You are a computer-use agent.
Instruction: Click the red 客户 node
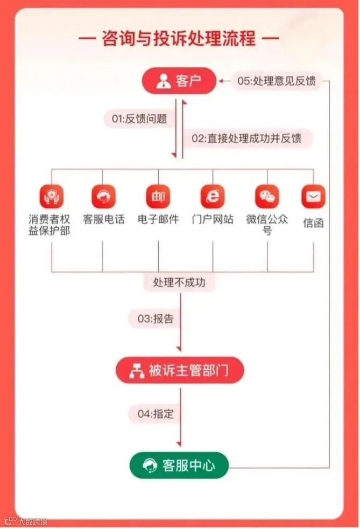[x=179, y=82]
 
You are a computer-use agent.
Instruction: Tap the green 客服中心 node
[x=179, y=465]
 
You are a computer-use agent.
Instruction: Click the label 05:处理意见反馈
[x=276, y=82]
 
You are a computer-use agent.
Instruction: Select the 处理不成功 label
[x=179, y=282]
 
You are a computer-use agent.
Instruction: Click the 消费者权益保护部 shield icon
[x=51, y=196]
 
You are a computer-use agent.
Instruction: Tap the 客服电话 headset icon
[x=103, y=196]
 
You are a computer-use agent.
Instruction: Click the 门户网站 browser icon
[x=213, y=196]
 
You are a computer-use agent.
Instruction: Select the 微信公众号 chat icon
[x=267, y=196]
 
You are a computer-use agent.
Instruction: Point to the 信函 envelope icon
[x=313, y=196]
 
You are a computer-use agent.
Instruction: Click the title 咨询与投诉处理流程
[x=179, y=39]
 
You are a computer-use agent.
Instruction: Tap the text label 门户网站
[x=213, y=220]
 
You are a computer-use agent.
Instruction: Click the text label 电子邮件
[x=158, y=220]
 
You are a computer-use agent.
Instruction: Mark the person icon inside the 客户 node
[x=163, y=82]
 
